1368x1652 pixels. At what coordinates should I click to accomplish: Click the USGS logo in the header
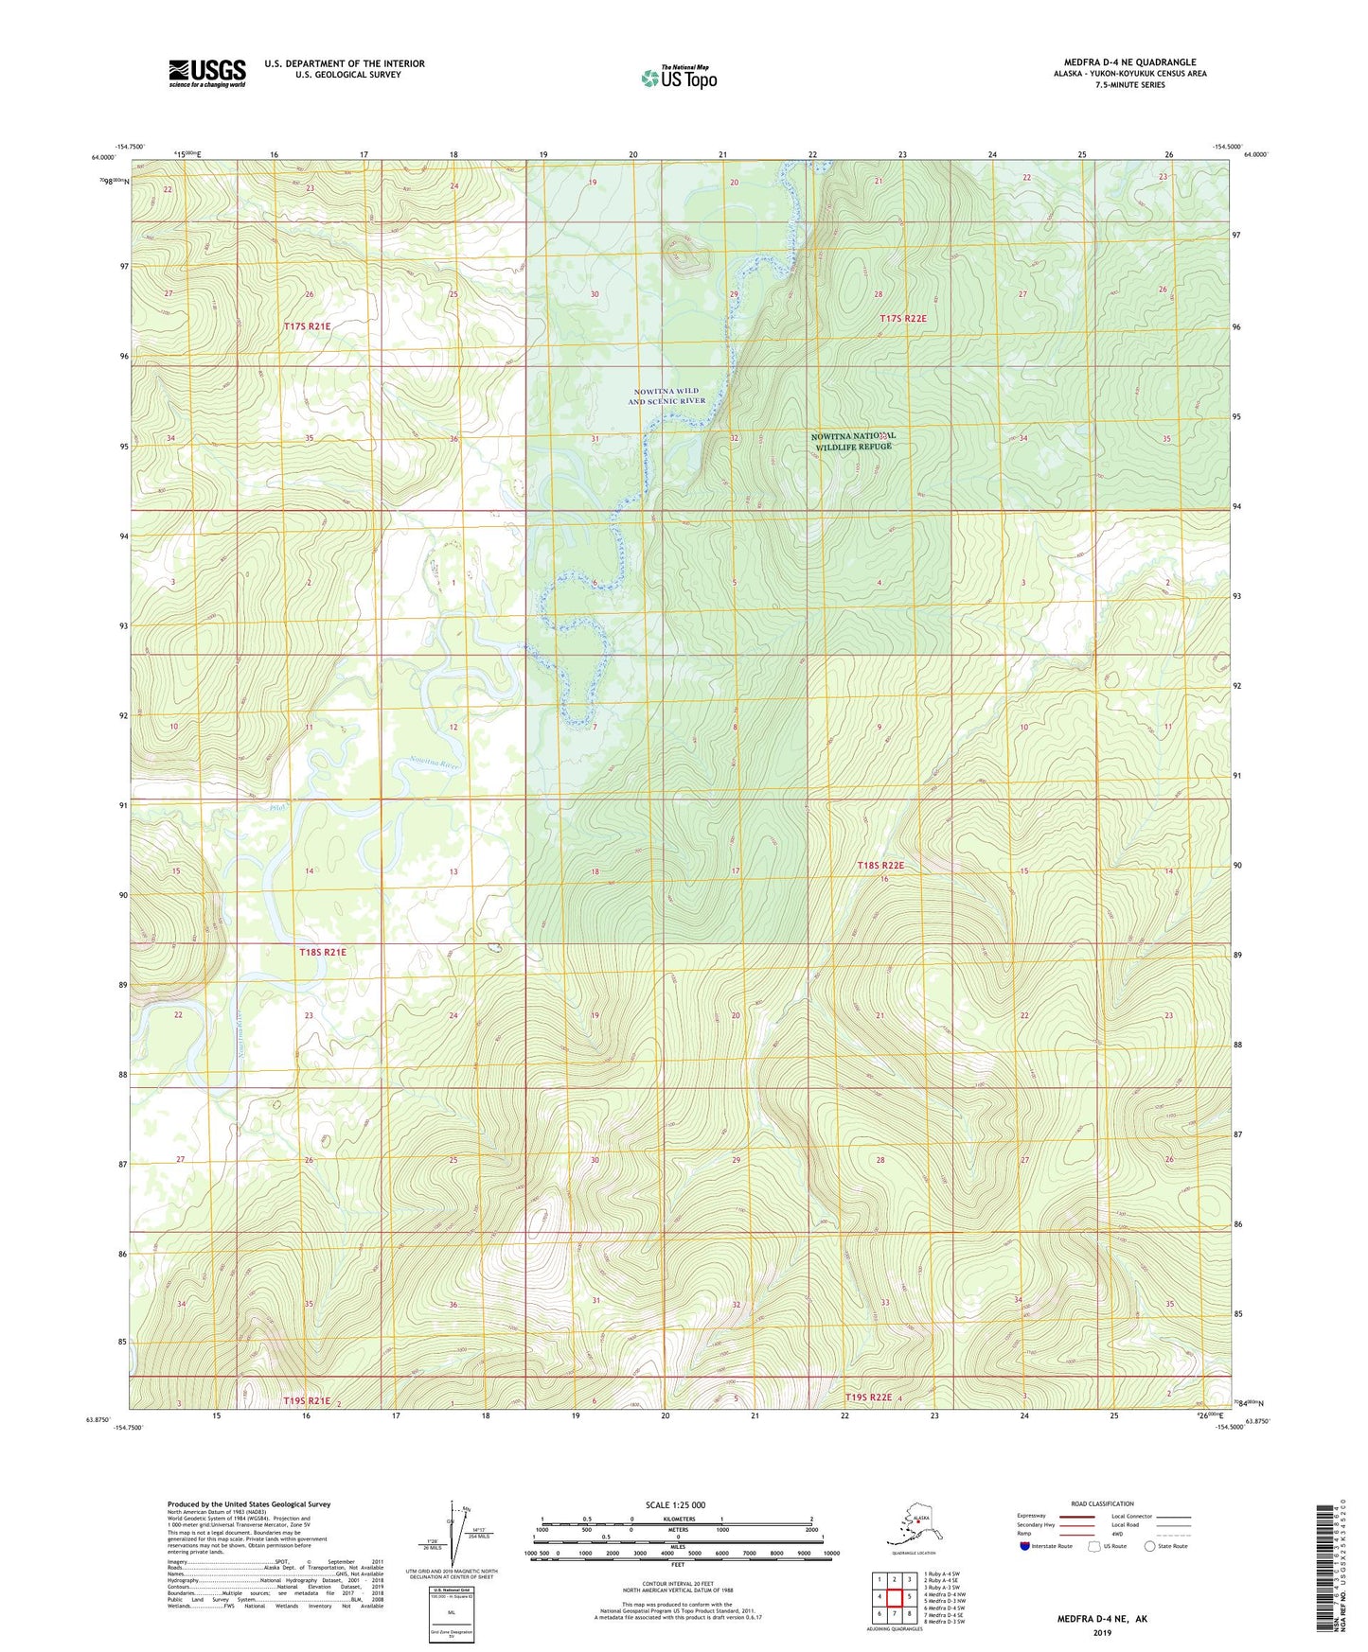tap(206, 73)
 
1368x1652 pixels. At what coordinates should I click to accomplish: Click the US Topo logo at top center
tap(678, 77)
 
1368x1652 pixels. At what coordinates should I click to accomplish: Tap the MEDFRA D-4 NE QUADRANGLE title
tap(1129, 62)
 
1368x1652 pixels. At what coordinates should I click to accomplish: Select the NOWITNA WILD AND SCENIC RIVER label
tap(667, 395)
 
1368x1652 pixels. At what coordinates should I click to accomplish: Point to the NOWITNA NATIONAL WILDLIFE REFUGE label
tap(853, 441)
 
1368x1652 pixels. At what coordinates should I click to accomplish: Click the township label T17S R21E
tap(307, 326)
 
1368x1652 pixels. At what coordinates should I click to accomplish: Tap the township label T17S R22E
tap(902, 319)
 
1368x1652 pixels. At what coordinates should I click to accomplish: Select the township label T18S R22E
tap(880, 866)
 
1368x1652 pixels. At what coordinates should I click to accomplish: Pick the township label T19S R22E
tap(869, 1397)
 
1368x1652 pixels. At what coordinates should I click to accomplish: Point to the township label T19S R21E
tap(307, 1400)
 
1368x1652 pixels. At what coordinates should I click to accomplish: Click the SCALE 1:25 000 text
tap(676, 1504)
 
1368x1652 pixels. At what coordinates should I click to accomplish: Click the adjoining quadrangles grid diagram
tap(894, 1597)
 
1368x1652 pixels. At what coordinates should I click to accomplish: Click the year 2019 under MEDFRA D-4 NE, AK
tap(1102, 1632)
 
